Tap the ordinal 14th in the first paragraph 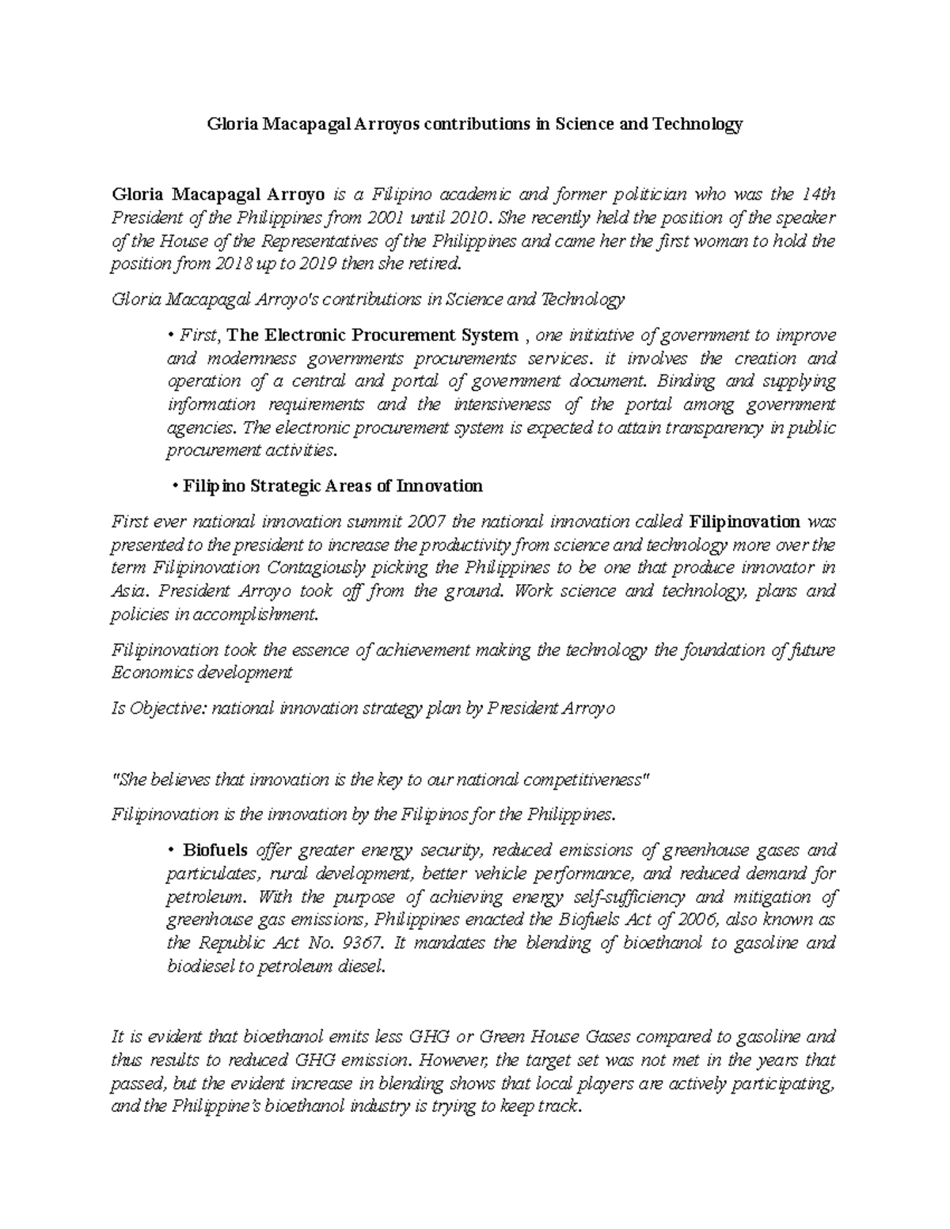coord(819,195)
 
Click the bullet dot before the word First coord(170,336)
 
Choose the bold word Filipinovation coord(745,522)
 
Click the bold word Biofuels coord(216,851)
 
